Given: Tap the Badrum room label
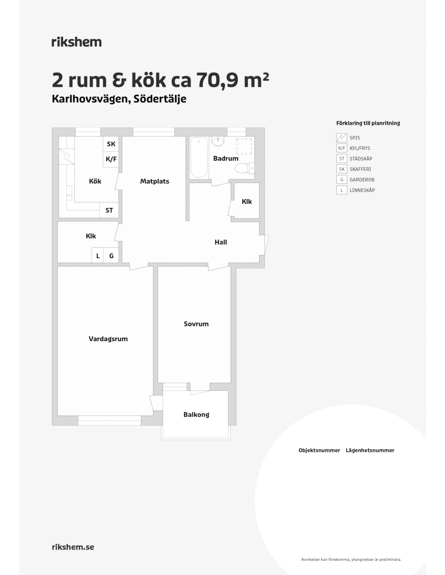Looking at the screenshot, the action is [226, 159].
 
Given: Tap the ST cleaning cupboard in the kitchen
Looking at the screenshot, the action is [109, 210].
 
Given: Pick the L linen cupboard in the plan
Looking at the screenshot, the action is [98, 255].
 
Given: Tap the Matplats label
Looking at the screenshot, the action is [155, 181].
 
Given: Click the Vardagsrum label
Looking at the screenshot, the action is [108, 339].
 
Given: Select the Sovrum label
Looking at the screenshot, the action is [196, 324].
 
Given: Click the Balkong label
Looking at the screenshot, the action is [196, 415].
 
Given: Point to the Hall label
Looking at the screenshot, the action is [221, 242].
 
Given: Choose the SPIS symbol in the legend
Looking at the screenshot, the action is [342, 138].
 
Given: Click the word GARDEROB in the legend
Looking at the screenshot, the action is [362, 180].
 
